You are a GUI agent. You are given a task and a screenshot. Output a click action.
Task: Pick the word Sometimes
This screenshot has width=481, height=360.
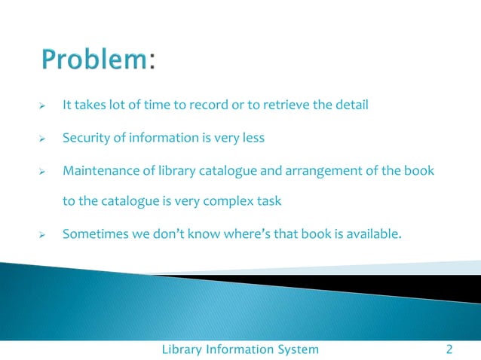point(94,233)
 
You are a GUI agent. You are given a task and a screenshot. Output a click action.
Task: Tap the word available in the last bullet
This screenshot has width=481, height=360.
point(372,233)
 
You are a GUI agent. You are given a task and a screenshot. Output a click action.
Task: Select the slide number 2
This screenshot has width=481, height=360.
point(449,349)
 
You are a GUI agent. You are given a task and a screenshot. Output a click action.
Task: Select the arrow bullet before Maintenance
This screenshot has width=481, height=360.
point(43,172)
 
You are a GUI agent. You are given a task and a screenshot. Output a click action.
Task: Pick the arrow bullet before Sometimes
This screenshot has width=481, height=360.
point(43,235)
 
